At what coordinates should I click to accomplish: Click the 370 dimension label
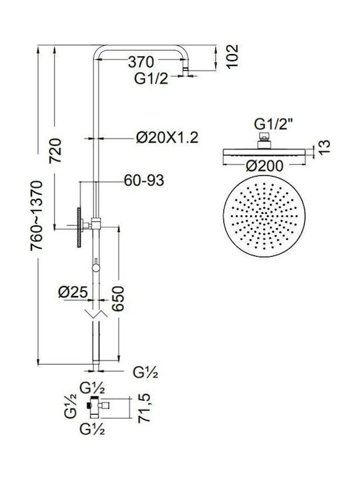[x=141, y=62]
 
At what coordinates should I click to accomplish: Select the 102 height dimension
[x=232, y=56]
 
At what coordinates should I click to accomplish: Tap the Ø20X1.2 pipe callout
[x=167, y=137]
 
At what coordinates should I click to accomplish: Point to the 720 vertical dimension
[x=56, y=150]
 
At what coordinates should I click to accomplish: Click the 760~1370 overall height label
[x=37, y=215]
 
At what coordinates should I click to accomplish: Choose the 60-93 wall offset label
[x=144, y=180]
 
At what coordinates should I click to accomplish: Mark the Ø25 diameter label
[x=73, y=293]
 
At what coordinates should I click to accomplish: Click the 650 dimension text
[x=118, y=299]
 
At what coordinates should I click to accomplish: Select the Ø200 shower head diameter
[x=265, y=166]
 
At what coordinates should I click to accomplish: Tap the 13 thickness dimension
[x=324, y=147]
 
